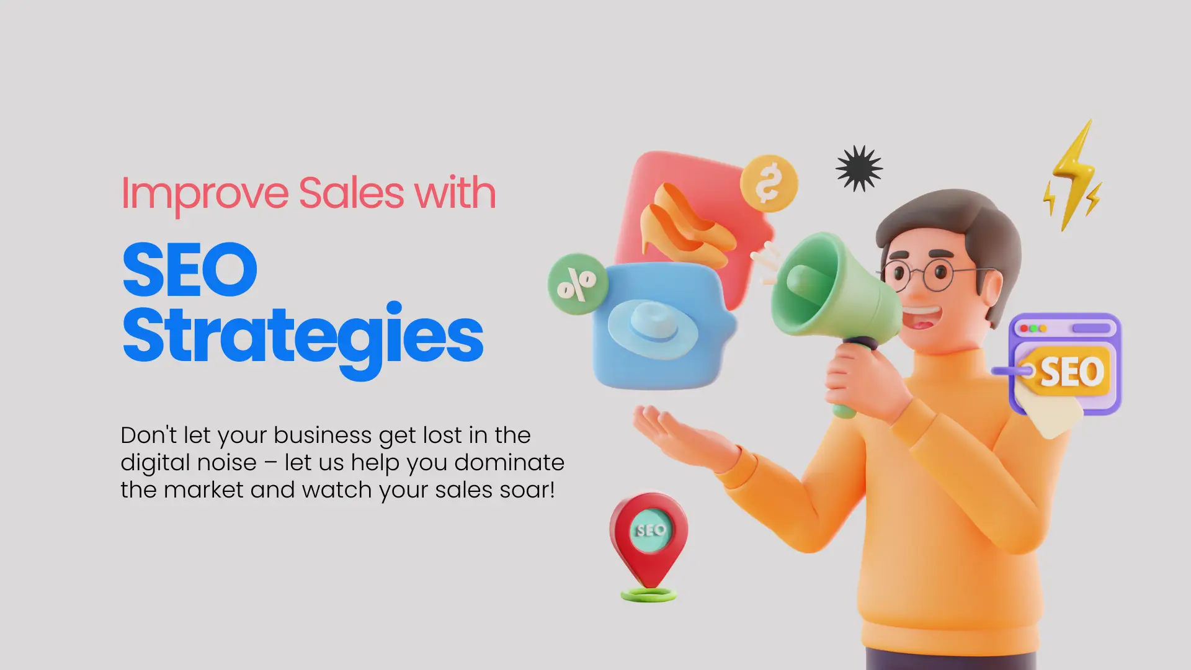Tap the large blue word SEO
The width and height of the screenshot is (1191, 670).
pos(190,270)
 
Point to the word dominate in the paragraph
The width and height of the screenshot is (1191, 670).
pos(509,462)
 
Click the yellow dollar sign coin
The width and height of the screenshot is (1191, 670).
pos(769,183)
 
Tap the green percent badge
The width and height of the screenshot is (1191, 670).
pos(577,284)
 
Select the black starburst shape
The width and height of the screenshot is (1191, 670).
pos(859,168)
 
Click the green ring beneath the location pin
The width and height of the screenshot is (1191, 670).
pos(649,595)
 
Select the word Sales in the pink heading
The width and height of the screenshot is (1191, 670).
pos(351,192)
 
